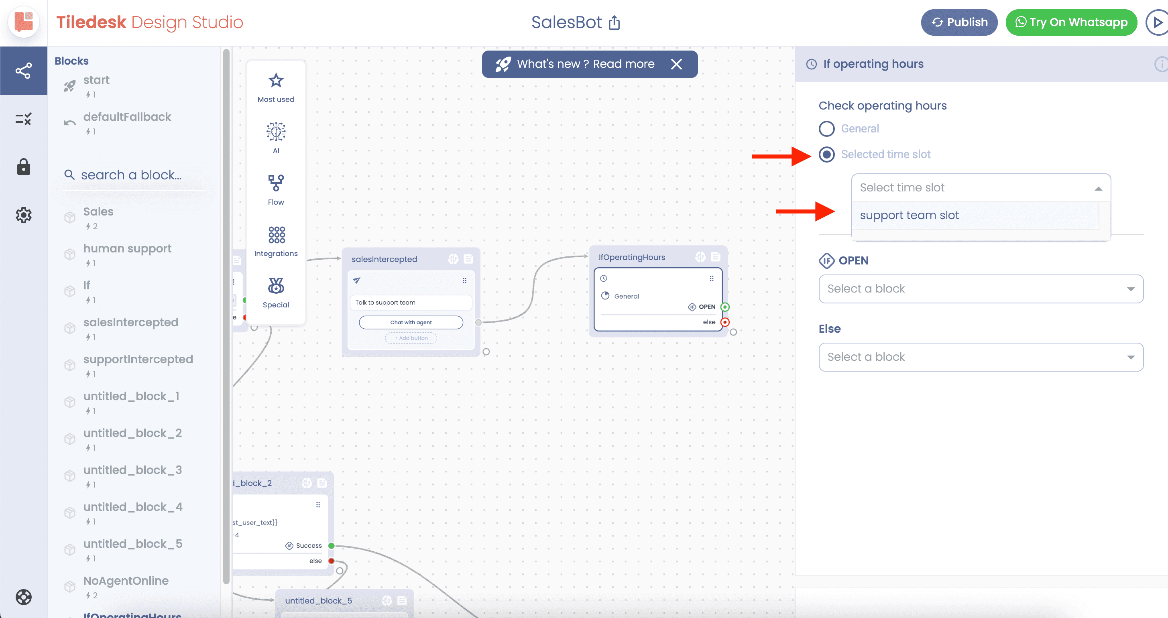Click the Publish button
click(959, 22)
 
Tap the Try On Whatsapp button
click(1071, 22)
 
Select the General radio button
click(826, 129)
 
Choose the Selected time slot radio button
click(826, 154)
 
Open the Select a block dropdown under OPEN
click(981, 289)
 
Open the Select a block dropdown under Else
click(981, 357)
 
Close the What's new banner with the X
click(676, 64)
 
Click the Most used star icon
click(276, 81)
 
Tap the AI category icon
click(276, 132)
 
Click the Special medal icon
click(276, 286)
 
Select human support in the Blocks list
click(127, 248)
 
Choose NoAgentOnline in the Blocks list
click(126, 580)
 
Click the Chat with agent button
click(411, 322)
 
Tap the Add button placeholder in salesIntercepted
click(411, 338)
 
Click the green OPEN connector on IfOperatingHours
click(725, 307)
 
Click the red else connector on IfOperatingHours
click(725, 322)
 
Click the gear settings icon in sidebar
click(24, 215)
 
